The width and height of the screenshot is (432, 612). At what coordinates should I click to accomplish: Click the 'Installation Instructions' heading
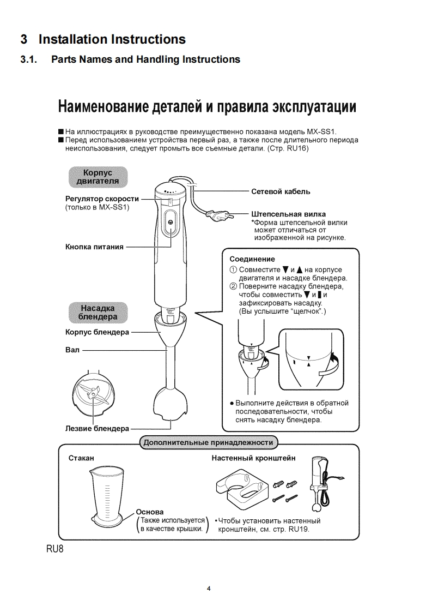point(103,39)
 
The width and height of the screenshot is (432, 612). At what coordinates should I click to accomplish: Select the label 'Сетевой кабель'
point(281,191)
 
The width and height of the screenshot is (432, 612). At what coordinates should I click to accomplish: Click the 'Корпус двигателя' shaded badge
point(98,177)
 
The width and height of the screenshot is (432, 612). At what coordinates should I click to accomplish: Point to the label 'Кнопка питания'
point(94,247)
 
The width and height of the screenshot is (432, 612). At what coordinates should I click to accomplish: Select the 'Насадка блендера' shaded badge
point(98,312)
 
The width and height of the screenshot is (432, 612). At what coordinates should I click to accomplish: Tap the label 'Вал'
point(72,350)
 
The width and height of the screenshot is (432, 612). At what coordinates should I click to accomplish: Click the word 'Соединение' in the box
point(252,259)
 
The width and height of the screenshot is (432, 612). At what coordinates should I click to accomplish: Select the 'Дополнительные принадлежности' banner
point(208,442)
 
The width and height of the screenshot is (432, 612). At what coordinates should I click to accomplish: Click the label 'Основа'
point(149,512)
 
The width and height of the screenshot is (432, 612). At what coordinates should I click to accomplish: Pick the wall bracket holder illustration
point(241,485)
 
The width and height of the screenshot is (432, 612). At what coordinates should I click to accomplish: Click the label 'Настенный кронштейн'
point(253,458)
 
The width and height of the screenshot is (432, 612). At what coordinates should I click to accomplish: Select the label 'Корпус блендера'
point(98,332)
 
